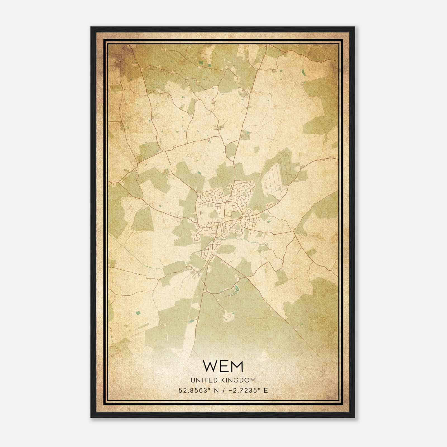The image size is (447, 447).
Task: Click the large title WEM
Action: pos(223,367)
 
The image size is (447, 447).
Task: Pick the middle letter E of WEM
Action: pos(224,367)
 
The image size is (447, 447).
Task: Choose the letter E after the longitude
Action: pos(266,391)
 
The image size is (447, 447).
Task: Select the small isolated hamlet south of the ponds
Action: pos(229,316)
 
